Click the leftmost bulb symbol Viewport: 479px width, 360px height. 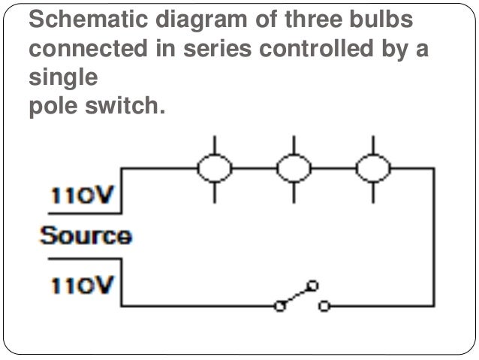214,169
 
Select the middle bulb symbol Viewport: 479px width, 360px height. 293,169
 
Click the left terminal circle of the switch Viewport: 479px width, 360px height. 281,306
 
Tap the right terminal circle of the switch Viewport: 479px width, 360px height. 324,306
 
